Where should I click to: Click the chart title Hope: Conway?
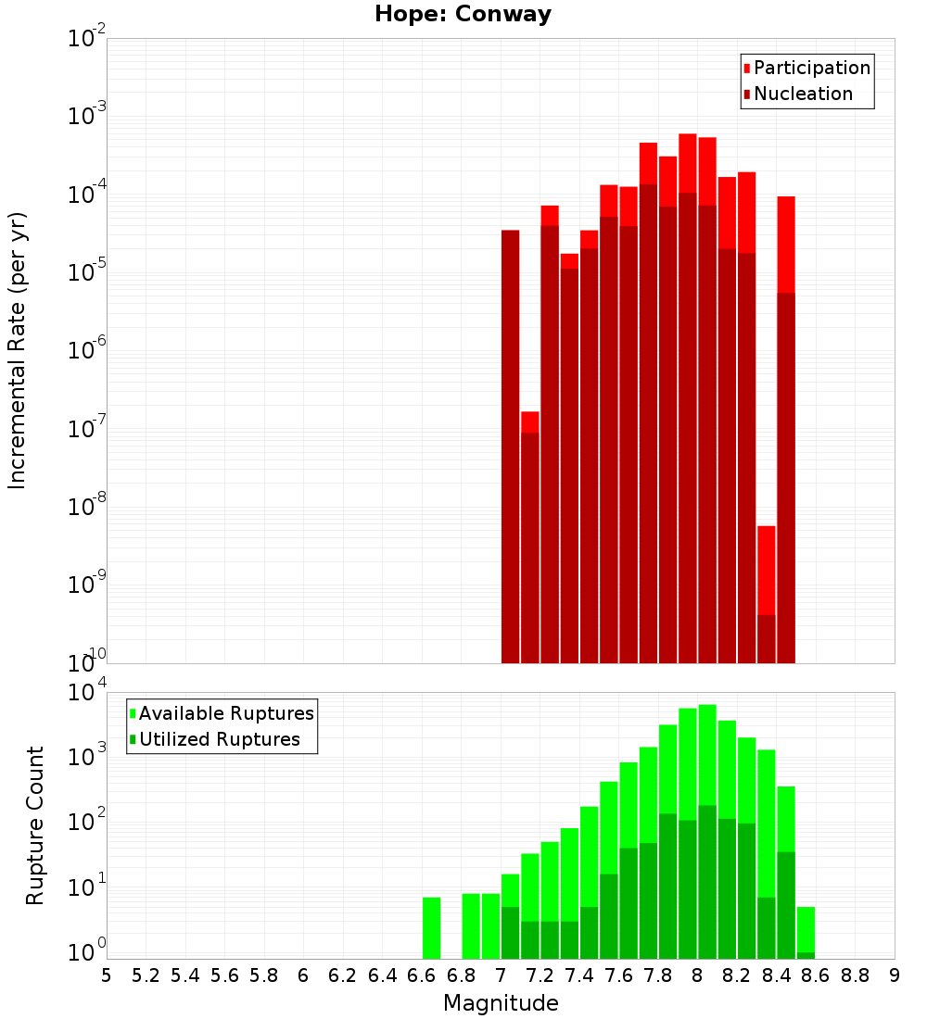pos(463,15)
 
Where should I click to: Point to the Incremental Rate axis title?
pos(18,350)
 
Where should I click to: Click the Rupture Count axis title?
pos(35,825)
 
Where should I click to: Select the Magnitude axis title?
pos(501,1003)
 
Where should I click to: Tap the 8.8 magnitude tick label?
pos(855,975)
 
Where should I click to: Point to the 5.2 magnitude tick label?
pos(146,975)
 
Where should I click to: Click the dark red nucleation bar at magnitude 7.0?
pos(510,445)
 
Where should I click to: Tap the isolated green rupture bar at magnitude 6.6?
pos(431,926)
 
